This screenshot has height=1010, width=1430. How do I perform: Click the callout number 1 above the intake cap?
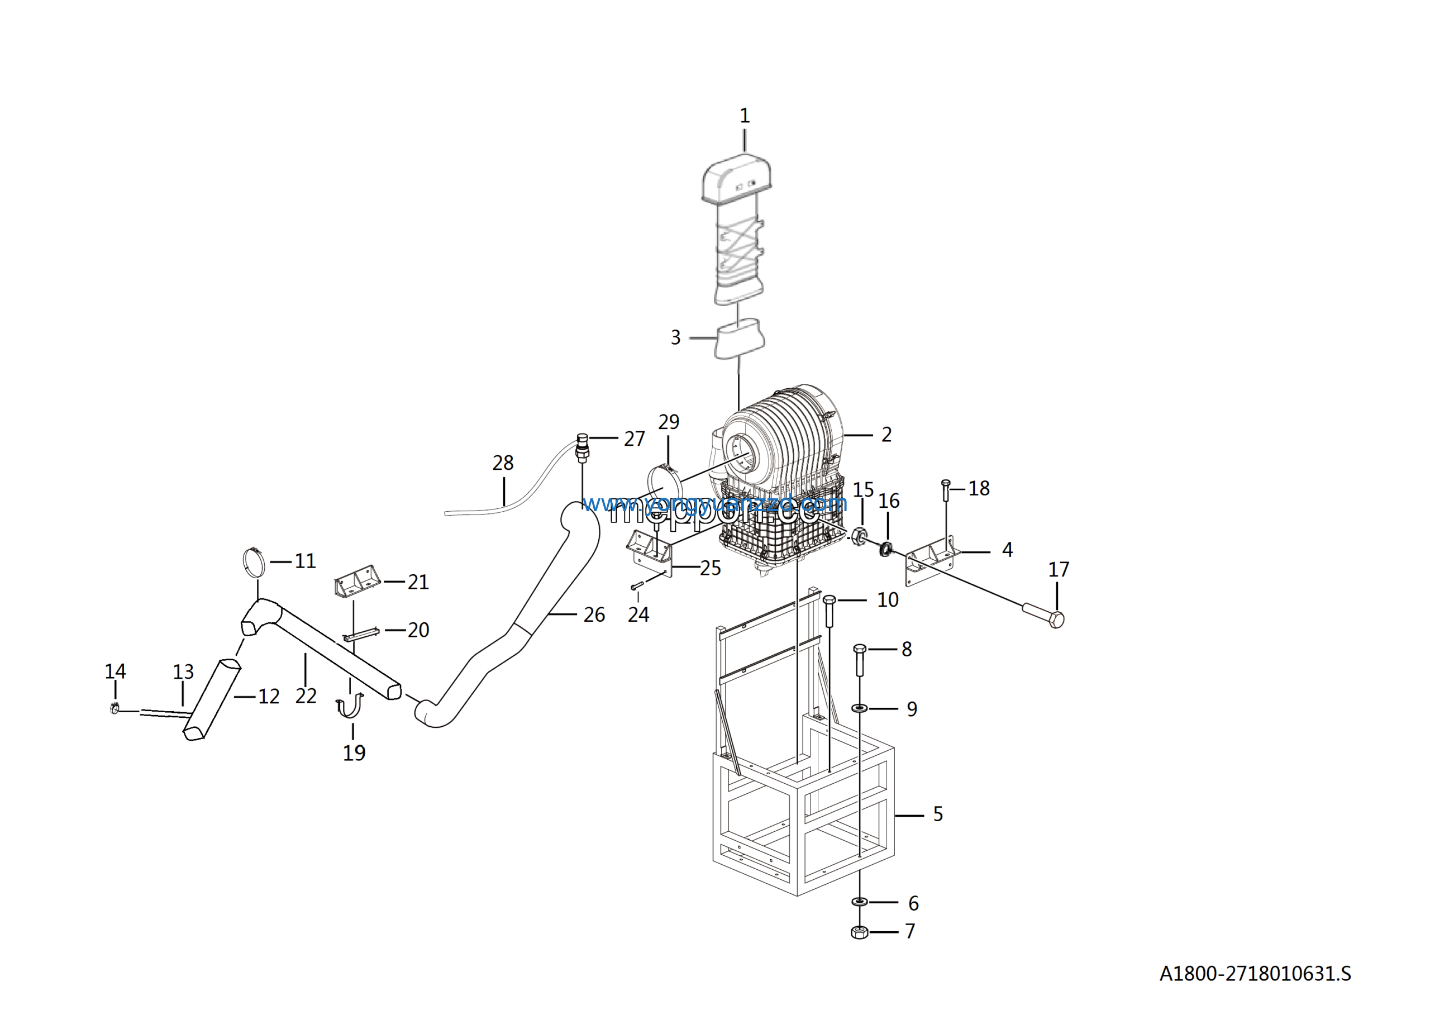[744, 116]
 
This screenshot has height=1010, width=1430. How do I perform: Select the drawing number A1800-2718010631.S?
[1255, 973]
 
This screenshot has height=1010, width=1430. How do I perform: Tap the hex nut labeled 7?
[860, 932]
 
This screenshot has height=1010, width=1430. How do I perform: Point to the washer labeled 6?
[860, 902]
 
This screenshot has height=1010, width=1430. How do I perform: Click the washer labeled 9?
[860, 708]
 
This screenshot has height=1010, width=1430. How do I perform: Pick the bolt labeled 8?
[860, 661]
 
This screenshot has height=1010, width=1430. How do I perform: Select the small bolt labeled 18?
[946, 490]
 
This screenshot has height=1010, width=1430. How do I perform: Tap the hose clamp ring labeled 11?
[254, 563]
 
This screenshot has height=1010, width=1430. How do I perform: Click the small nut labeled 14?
[115, 708]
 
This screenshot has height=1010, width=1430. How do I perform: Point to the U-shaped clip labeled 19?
[350, 707]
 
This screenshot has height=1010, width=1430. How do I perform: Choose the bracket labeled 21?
[357, 582]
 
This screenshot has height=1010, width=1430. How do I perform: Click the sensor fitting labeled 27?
[583, 447]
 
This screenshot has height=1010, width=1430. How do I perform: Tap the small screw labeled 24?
[637, 585]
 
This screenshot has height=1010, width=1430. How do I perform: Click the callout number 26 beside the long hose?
[594, 614]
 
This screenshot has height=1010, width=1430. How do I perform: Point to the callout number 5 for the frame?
[937, 814]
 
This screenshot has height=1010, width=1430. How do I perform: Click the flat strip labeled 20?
[361, 635]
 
